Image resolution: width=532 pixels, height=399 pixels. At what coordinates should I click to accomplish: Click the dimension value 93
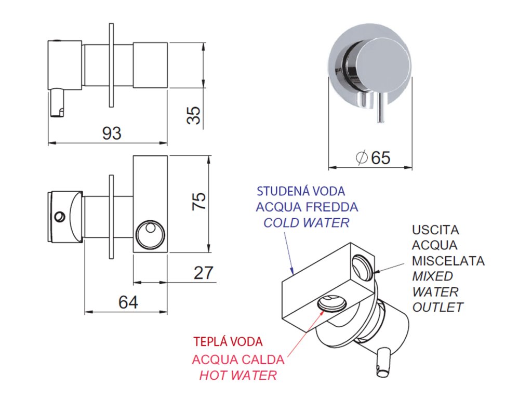[x=111, y=133]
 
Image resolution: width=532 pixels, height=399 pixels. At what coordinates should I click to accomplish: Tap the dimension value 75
[x=199, y=201]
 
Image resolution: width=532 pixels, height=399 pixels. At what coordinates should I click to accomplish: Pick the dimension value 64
[x=128, y=302]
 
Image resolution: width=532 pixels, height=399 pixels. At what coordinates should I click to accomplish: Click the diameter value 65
[x=380, y=157]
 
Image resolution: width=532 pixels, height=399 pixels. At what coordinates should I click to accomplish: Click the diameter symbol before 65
[x=362, y=157]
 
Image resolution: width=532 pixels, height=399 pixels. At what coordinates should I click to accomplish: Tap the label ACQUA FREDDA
[x=307, y=207]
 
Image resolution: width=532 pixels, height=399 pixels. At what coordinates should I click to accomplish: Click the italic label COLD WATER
[x=306, y=223]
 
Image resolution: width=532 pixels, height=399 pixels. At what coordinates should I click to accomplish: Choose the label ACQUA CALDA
[x=238, y=359]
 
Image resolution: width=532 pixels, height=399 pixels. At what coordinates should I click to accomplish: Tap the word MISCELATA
[x=448, y=260]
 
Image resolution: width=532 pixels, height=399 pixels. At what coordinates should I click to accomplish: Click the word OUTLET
[x=437, y=307]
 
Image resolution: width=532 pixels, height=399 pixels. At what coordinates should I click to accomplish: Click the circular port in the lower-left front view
[x=149, y=232]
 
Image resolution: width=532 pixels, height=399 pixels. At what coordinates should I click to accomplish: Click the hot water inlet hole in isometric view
[x=333, y=302]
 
